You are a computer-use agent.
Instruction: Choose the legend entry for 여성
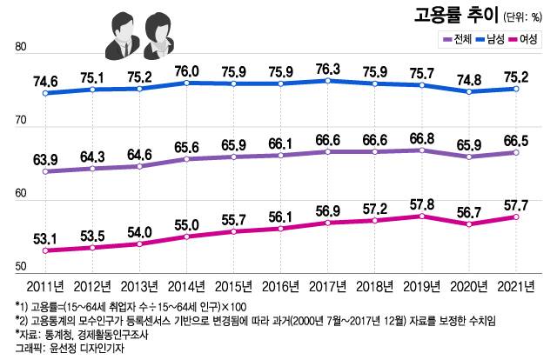(529, 39)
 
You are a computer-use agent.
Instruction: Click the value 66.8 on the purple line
(420, 137)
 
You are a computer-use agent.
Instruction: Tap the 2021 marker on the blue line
(515, 89)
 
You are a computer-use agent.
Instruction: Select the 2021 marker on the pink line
(515, 217)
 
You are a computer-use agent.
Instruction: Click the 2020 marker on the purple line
(468, 157)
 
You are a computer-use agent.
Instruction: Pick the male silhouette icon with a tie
(119, 37)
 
